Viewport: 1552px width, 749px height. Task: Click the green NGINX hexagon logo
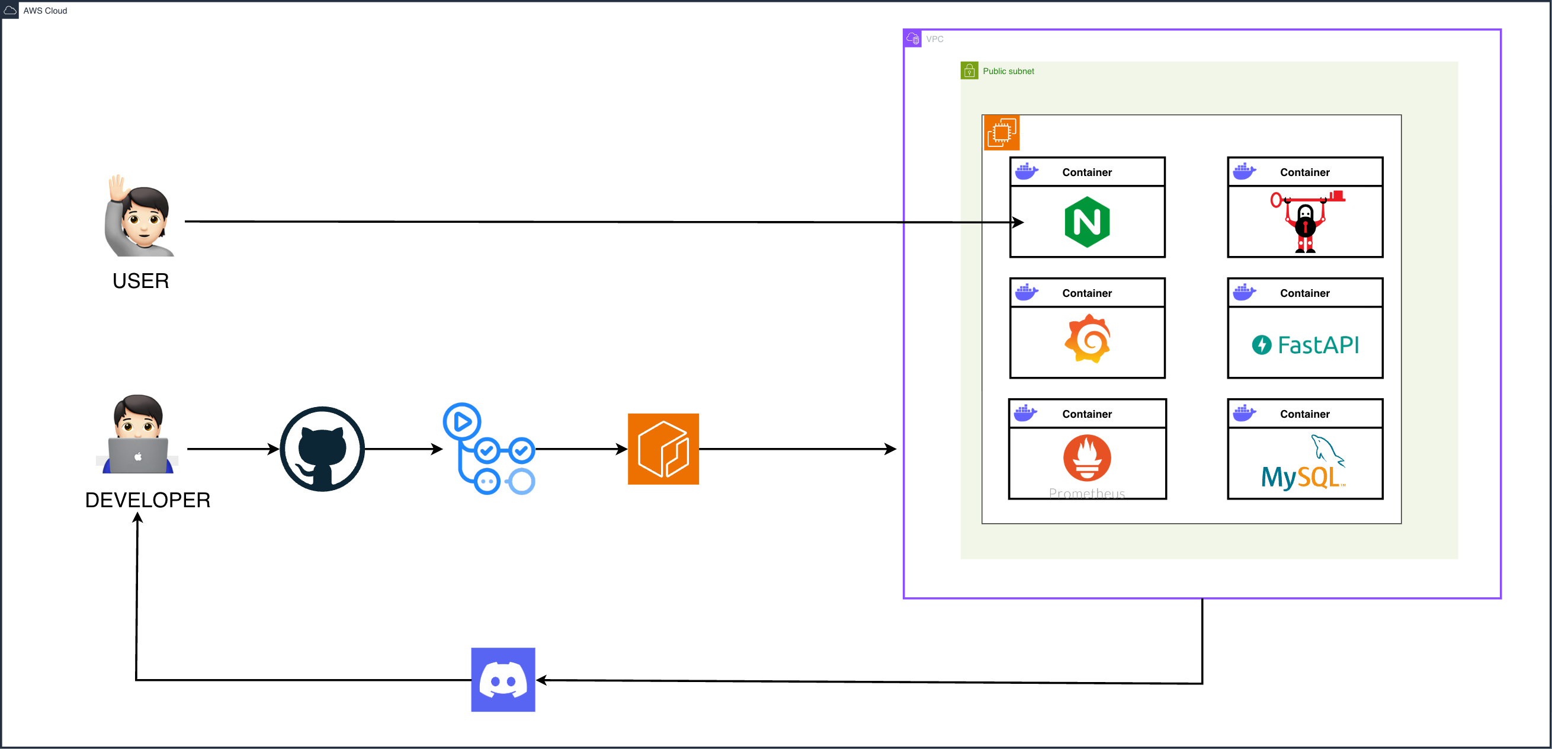[x=1087, y=222]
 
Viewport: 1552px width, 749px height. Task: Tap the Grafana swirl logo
[x=1087, y=338]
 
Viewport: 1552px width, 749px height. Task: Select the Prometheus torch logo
[x=1087, y=458]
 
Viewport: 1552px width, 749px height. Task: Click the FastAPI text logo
[x=1306, y=345]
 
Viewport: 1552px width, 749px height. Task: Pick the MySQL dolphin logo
[x=1304, y=464]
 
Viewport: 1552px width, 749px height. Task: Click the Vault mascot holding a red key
[x=1306, y=222]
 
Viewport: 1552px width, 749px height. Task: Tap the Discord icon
[x=503, y=680]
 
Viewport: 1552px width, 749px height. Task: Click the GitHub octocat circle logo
[x=322, y=449]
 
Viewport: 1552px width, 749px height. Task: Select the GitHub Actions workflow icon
[x=489, y=449]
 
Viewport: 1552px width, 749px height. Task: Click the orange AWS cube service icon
[x=663, y=449]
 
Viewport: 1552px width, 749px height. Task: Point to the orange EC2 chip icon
[x=1001, y=133]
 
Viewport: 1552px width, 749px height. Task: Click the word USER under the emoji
[x=140, y=281]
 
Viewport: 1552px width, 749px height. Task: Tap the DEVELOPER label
[x=147, y=500]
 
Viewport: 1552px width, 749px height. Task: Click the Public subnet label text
[x=1008, y=71]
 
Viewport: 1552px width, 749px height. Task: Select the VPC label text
[x=934, y=39]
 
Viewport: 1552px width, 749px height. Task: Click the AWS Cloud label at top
[x=44, y=11]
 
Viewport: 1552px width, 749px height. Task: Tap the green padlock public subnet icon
[x=969, y=71]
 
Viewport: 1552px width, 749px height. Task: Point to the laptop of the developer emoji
[x=138, y=456]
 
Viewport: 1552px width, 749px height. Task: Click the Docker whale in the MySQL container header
[x=1244, y=414]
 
